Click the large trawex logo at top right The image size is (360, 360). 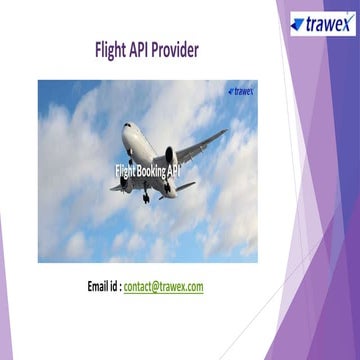pyautogui.click(x=322, y=23)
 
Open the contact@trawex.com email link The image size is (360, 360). pyautogui.click(x=164, y=286)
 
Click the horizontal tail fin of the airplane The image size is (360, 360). pyautogui.click(x=185, y=186)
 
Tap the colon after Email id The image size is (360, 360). pyautogui.click(x=120, y=286)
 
